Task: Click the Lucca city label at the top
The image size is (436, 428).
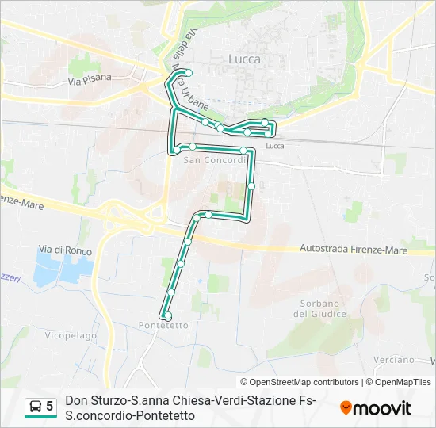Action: coord(243,59)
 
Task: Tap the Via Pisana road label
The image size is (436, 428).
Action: coord(90,79)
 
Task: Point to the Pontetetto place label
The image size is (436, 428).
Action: coord(163,326)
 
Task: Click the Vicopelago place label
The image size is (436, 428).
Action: coord(71,336)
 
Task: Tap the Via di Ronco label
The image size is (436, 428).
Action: coord(65,250)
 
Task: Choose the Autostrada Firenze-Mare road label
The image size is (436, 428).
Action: coord(354,250)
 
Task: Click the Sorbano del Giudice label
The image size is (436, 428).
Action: coord(320,308)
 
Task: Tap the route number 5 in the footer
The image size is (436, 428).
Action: coord(50,407)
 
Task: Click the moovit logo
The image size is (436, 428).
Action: coord(376,408)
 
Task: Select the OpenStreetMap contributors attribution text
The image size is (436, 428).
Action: coord(299,382)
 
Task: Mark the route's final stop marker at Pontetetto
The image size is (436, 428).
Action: coord(166,315)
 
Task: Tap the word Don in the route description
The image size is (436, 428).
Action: coord(76,401)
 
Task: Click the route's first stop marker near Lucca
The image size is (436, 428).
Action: coord(189,73)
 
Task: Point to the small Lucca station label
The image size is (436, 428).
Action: coord(275,146)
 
